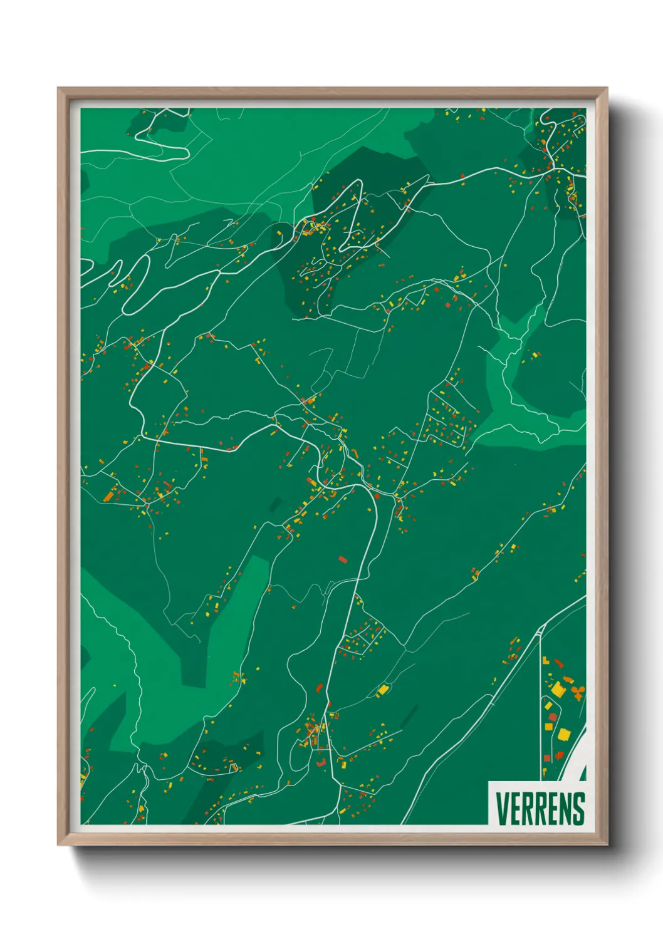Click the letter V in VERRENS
(503, 809)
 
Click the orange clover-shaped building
(578, 691)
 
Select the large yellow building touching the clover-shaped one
(558, 689)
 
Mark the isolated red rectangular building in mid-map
(342, 559)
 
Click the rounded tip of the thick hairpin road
(127, 309)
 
